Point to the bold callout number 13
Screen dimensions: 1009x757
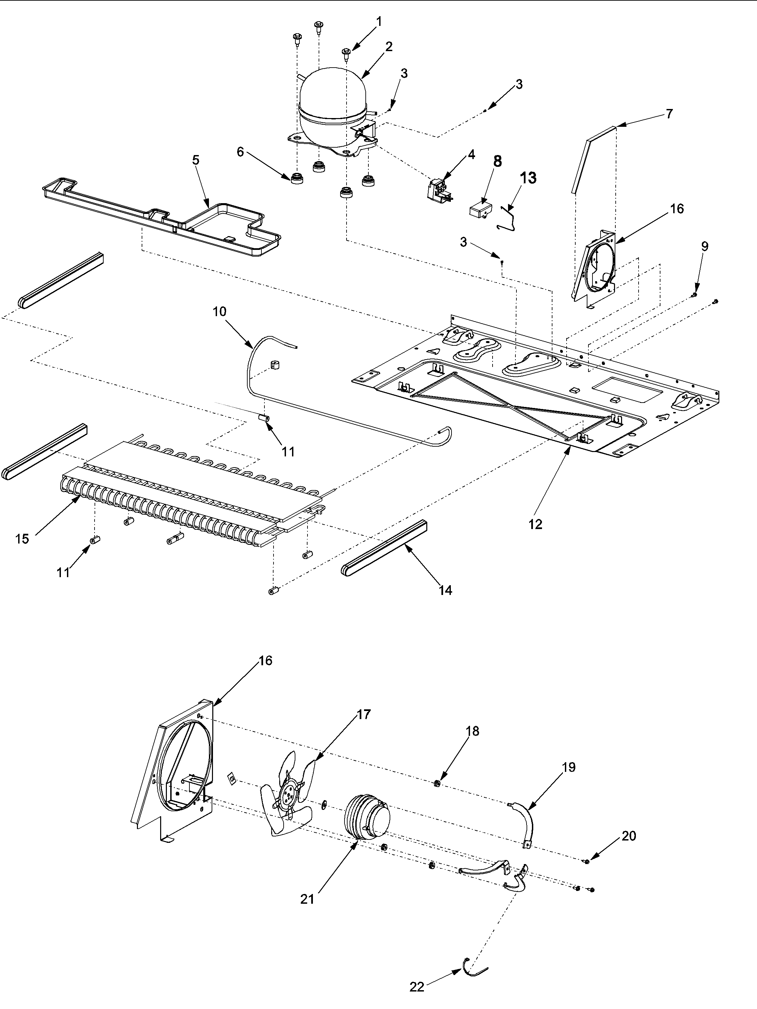pyautogui.click(x=528, y=178)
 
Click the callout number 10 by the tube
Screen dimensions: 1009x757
pyautogui.click(x=219, y=311)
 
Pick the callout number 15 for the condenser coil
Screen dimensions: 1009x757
pyautogui.click(x=22, y=539)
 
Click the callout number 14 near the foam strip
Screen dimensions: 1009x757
pyautogui.click(x=445, y=590)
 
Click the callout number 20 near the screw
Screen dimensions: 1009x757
pyautogui.click(x=628, y=836)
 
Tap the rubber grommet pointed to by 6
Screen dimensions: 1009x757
pyautogui.click(x=297, y=178)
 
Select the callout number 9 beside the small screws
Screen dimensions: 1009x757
pyautogui.click(x=705, y=246)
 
